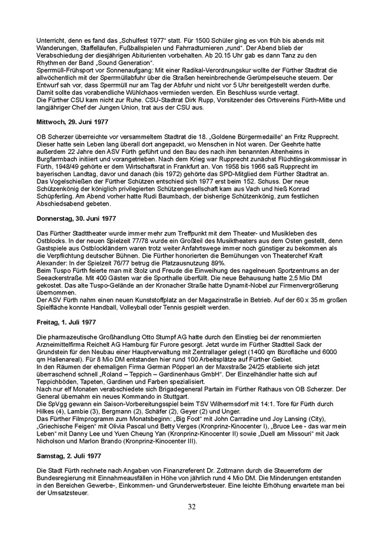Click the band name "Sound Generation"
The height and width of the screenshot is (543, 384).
pyautogui.click(x=128, y=63)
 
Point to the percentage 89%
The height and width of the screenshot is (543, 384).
pyautogui.click(x=218, y=264)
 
